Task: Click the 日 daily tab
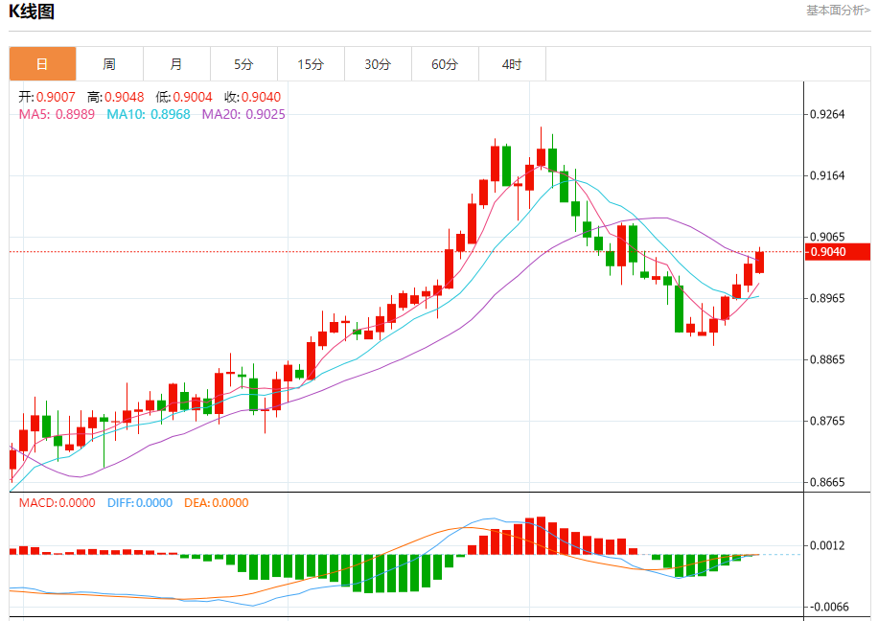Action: (42, 64)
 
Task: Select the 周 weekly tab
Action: (109, 64)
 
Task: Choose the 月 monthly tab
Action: (176, 64)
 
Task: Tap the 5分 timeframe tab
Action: (243, 64)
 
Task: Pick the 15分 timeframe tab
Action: (311, 64)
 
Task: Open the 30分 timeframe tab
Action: (378, 64)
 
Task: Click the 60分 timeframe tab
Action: (445, 64)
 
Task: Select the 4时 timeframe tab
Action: (512, 64)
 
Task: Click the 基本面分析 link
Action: (838, 11)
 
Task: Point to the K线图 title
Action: (32, 12)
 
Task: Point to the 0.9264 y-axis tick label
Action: (826, 114)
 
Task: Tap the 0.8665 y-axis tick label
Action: (826, 482)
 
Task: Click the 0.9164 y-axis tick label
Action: (826, 175)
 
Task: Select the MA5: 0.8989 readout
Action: (57, 114)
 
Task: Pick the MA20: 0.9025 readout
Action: (243, 114)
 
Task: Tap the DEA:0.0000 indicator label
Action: (216, 503)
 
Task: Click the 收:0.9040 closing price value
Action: (253, 97)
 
